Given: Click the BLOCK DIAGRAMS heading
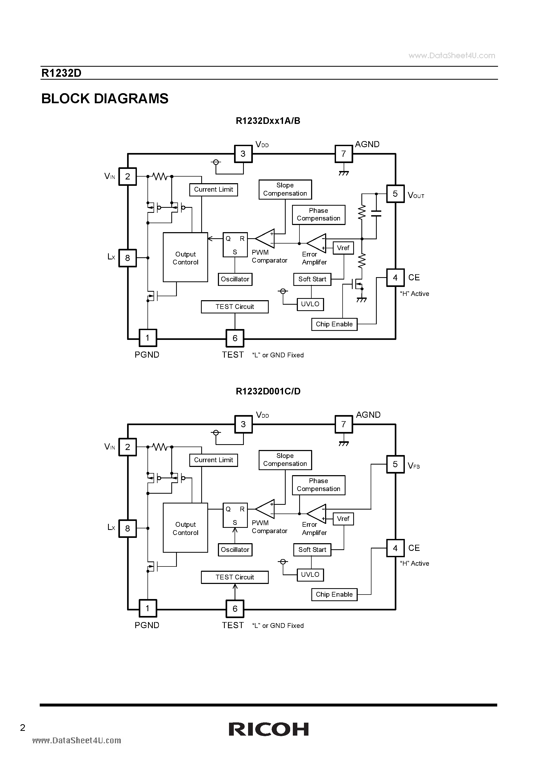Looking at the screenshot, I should pos(105,99).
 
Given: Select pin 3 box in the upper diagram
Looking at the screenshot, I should pos(243,154).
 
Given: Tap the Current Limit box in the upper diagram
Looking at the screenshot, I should pos(213,190).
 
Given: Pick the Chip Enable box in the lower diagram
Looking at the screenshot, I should pos(334,594).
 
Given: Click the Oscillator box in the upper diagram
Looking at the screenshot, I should pos(235,279).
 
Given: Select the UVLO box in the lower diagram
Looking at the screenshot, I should pos(310,574).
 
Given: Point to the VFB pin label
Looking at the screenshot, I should pos(414,466).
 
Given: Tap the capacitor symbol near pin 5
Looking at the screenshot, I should pos(376,213).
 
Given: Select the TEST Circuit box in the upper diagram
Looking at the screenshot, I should pos(235,307).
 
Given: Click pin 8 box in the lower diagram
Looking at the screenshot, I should pos(127,529).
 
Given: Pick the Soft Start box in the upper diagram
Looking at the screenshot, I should pos(312,279).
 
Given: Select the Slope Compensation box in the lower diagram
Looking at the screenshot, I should pos(285,460).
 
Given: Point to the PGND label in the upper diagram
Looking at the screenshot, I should pos(147,355).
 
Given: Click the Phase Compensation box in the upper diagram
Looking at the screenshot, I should pos(318,214).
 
